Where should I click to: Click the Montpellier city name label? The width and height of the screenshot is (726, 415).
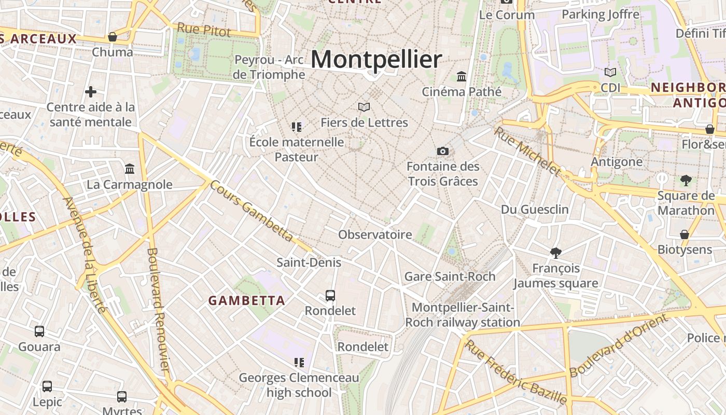coord(376,59)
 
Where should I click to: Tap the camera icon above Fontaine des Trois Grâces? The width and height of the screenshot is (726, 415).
coord(443,151)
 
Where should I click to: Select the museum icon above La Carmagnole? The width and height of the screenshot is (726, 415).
coord(130,169)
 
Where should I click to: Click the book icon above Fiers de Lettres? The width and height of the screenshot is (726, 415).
coord(364,107)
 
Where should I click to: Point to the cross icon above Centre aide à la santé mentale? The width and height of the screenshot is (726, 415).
coord(91,92)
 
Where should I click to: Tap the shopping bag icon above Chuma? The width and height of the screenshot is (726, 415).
coord(113,37)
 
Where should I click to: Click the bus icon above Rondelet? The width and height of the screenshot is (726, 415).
coord(330,296)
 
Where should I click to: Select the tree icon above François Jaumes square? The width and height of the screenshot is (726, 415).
coord(556,253)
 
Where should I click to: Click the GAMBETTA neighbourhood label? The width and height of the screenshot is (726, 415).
coord(247,300)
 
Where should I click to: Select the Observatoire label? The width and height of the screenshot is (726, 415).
coord(375,234)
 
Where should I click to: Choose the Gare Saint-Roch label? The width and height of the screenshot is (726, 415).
coord(450,276)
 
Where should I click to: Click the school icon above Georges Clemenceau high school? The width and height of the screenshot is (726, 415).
coord(299,362)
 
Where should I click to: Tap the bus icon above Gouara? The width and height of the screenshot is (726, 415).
coord(39,331)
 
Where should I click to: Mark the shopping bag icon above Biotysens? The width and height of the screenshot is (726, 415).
coord(685,234)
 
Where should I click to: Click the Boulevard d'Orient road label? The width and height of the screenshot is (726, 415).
coord(619,346)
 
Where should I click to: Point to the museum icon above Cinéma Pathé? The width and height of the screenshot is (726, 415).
coord(462,77)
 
